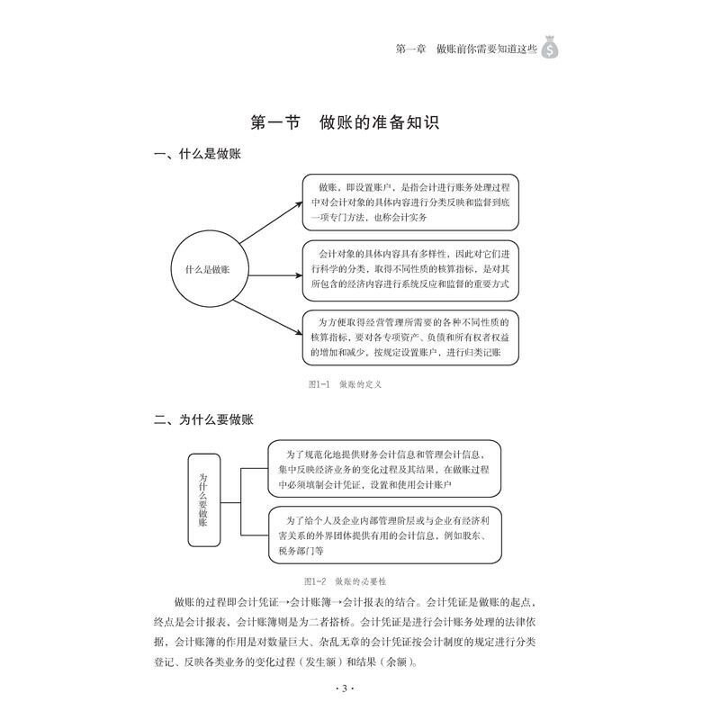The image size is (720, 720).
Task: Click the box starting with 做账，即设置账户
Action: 410,202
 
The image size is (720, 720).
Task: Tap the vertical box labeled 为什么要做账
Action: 202,502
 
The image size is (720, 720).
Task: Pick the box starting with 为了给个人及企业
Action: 384,535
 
